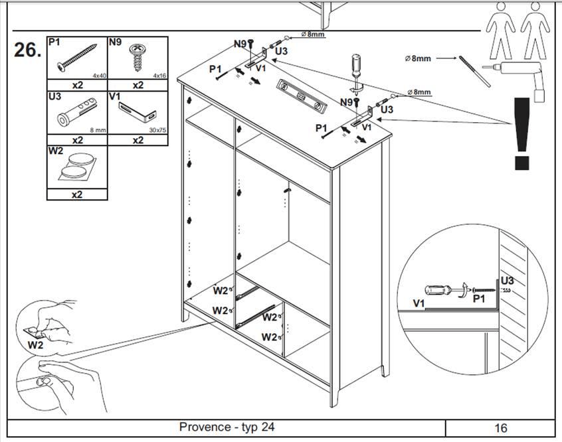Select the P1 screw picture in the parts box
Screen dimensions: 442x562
click(x=75, y=59)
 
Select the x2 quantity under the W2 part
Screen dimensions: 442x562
click(x=76, y=194)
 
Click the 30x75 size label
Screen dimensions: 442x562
click(x=157, y=130)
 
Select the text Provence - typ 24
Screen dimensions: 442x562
click(x=227, y=427)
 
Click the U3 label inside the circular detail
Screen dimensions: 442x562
click(x=507, y=281)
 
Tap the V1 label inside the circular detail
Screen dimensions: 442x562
click(x=419, y=303)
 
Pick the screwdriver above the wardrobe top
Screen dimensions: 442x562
click(x=356, y=73)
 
